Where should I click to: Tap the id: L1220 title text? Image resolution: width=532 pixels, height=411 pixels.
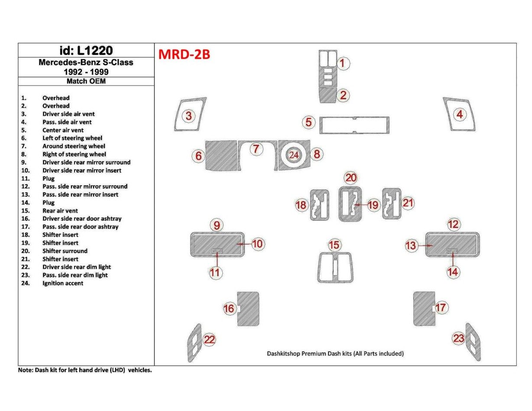[86, 50]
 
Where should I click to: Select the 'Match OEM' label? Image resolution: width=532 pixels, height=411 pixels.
[86, 81]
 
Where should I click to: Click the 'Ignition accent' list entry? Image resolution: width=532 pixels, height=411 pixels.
[63, 283]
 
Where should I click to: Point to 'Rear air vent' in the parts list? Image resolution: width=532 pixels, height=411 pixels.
[60, 211]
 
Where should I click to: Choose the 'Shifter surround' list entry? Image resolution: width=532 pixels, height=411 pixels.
[65, 251]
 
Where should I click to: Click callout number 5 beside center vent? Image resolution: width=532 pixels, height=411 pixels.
[308, 122]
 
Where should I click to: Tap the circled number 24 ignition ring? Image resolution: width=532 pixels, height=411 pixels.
[294, 155]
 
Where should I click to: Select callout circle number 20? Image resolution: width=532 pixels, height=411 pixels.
[350, 177]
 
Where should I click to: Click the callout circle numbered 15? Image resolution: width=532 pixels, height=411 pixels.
[334, 245]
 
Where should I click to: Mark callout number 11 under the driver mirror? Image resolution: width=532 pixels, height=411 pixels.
[216, 272]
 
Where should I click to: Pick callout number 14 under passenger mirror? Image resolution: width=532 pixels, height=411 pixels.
[453, 272]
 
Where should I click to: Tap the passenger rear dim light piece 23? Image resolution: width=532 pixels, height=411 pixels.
[474, 342]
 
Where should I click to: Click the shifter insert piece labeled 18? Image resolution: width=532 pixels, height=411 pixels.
[320, 205]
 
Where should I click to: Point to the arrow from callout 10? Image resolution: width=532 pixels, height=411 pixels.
[245, 244]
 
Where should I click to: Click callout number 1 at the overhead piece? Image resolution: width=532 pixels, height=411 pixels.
[342, 64]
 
